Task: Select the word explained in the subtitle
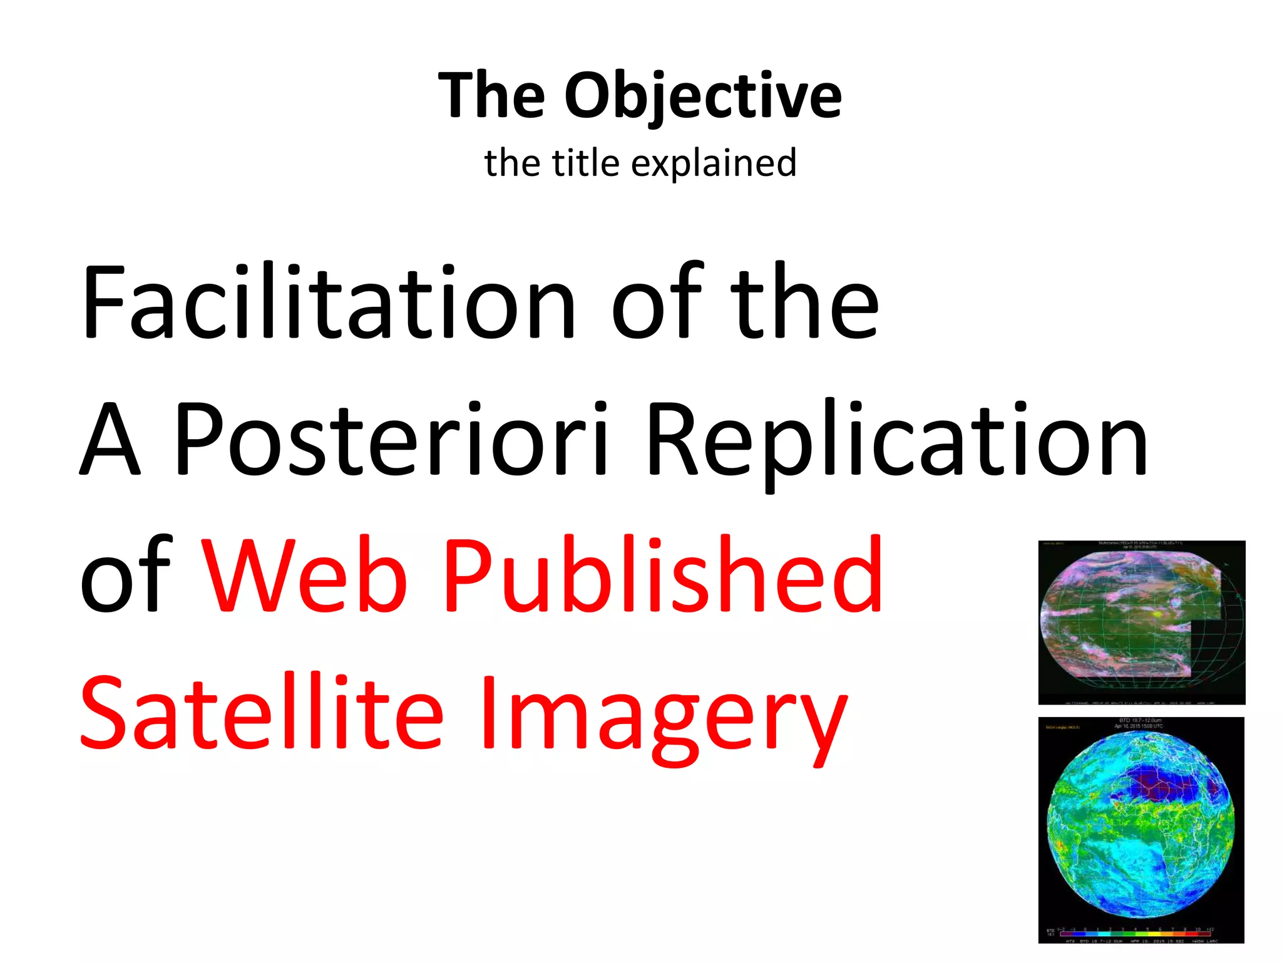(x=714, y=164)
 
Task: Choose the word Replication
(x=896, y=442)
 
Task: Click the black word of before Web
(x=125, y=576)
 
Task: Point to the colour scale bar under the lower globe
(x=1136, y=933)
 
